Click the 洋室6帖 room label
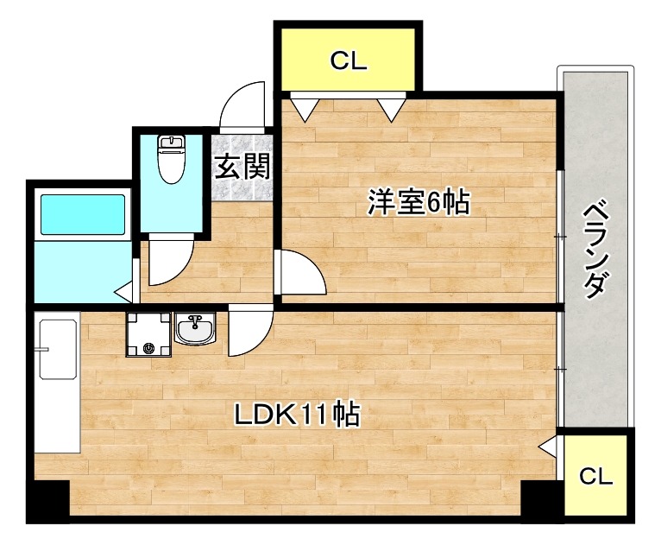[x=419, y=203]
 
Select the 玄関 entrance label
[x=242, y=166]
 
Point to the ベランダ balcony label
[x=595, y=250]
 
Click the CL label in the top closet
[x=349, y=60]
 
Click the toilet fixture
[x=172, y=158]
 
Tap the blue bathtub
[x=83, y=214]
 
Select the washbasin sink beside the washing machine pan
[x=198, y=329]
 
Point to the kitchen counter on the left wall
[x=56, y=384]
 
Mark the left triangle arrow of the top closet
[x=304, y=109]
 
